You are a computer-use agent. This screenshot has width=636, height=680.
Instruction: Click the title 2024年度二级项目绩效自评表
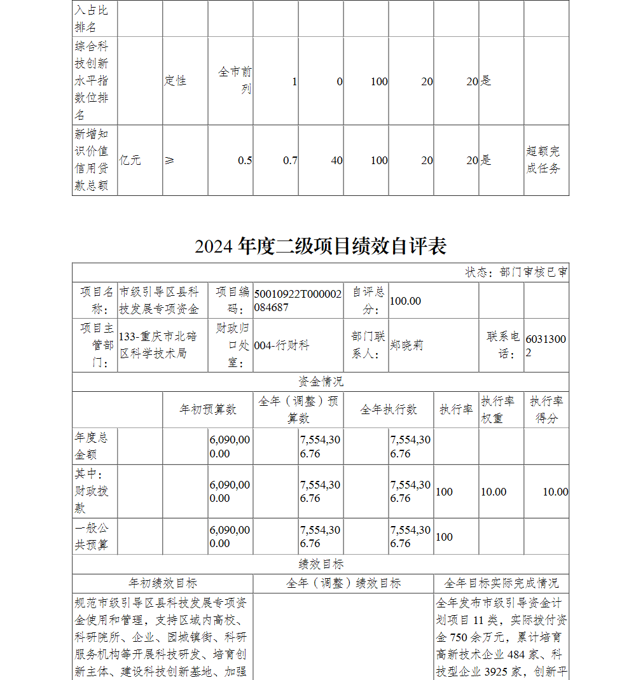tap(321, 246)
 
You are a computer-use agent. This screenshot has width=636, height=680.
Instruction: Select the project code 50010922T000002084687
tap(298, 300)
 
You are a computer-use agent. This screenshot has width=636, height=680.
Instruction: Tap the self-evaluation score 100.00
tap(405, 300)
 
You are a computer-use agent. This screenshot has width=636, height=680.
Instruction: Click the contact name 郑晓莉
tap(406, 345)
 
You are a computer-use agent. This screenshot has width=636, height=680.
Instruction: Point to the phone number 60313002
tap(545, 345)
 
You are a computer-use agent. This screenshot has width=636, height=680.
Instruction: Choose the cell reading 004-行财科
tap(282, 345)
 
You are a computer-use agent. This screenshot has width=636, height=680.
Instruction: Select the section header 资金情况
tap(321, 381)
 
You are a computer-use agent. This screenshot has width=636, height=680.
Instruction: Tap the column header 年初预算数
tap(207, 409)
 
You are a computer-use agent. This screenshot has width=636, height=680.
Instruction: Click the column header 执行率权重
tap(501, 409)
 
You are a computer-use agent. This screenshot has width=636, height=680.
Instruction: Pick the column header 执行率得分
tap(546, 409)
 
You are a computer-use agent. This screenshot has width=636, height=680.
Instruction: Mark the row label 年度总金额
tap(92, 446)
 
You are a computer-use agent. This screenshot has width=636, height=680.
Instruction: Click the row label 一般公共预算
tap(92, 536)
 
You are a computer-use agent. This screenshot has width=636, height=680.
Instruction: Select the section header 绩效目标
tap(321, 564)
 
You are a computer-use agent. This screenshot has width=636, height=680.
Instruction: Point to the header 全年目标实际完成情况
tap(502, 583)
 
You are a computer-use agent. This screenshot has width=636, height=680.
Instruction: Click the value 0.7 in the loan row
tap(290, 160)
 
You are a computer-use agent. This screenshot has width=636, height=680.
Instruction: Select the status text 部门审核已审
tap(516, 272)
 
